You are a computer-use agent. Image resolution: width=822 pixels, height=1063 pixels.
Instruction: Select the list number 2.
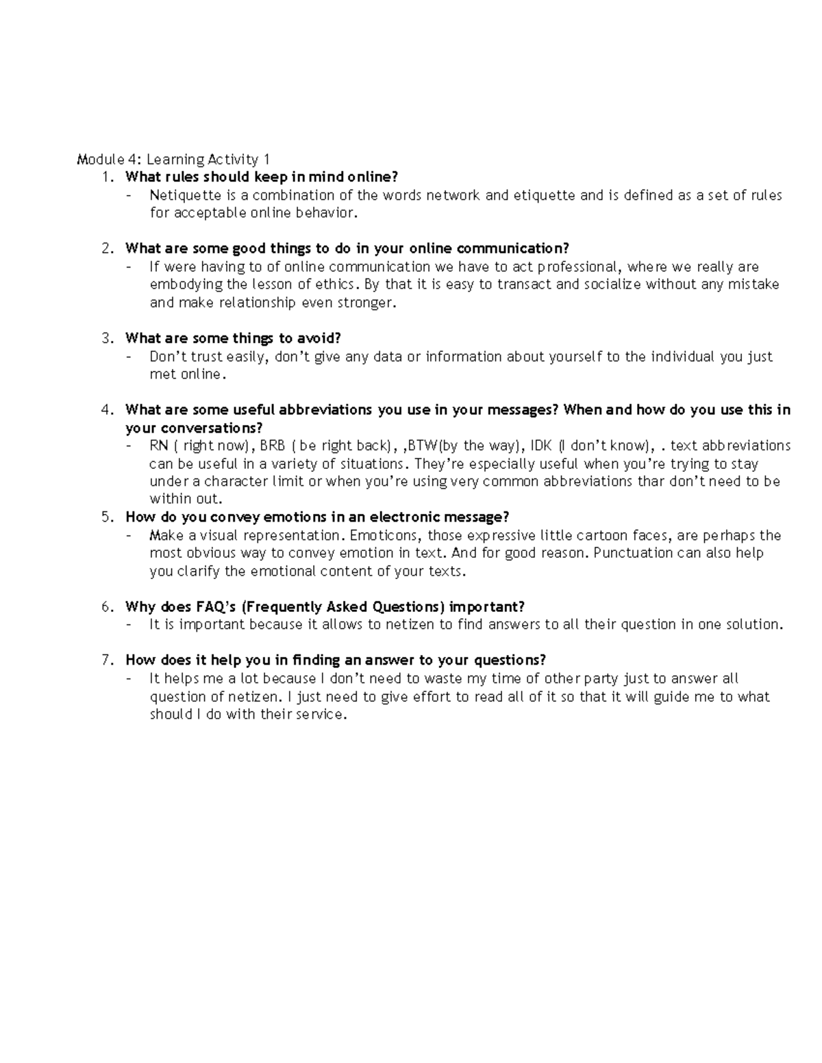point(107,248)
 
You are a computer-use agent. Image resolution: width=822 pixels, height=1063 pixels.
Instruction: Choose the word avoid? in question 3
point(319,338)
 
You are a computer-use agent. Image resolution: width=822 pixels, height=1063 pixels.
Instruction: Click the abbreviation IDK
point(541,446)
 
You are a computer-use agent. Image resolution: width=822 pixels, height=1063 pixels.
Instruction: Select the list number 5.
point(107,517)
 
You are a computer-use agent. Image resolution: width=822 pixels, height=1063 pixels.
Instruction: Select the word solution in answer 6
point(753,625)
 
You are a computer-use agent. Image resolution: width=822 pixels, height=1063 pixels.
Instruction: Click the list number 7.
point(107,661)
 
